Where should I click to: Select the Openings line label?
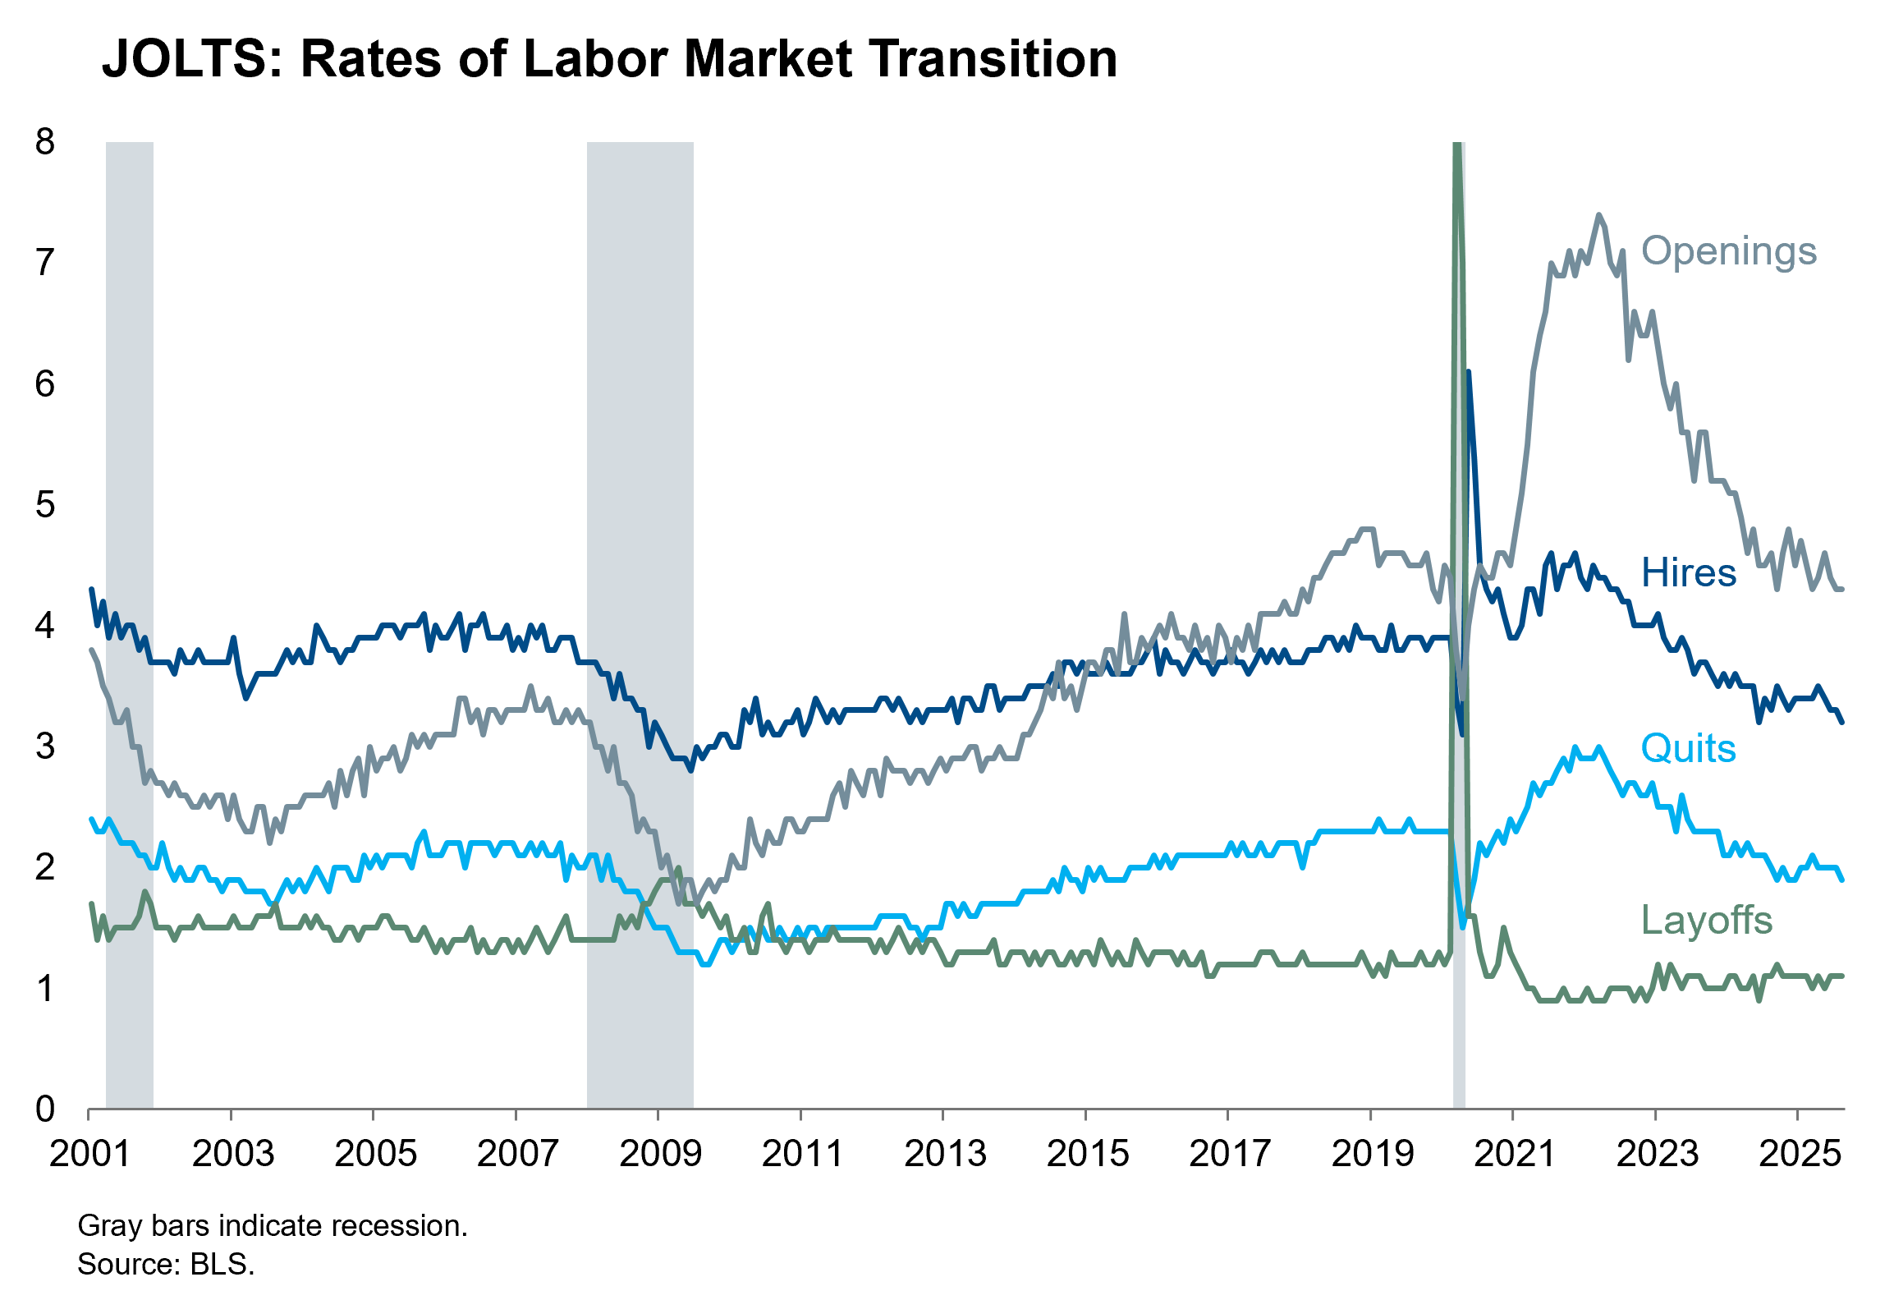1728,250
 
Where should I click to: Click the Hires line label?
1688,572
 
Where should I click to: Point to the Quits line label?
1688,748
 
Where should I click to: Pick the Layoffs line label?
1706,920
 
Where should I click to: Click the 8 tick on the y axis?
45,142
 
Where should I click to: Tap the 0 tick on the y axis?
45,1109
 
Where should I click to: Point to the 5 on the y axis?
45,505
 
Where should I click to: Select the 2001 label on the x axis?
89,1154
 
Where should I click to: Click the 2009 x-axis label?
659,1154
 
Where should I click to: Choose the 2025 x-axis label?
1799,1154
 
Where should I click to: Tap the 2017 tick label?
1229,1154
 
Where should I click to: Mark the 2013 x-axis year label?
944,1154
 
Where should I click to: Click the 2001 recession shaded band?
130,624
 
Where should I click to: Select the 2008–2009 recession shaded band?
640,624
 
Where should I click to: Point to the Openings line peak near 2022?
1598,215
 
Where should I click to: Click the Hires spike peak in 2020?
1468,372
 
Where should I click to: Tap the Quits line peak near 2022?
1598,747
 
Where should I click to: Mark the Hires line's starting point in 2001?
91,589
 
